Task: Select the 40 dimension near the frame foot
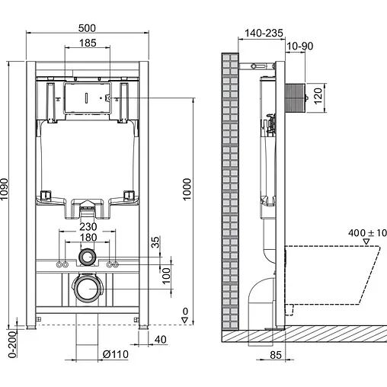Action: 160,339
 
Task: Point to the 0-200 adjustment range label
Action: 10,345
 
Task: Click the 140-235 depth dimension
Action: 264,34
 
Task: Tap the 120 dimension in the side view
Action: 330,96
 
